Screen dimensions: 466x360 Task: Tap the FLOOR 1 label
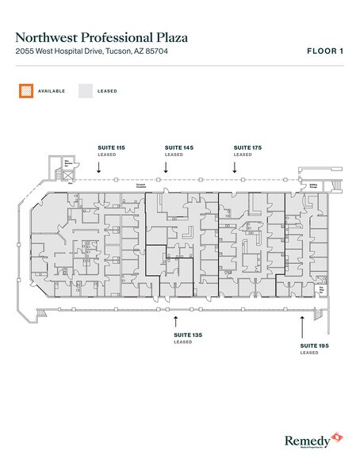(x=324, y=52)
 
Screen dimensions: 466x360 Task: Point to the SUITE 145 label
(x=178, y=148)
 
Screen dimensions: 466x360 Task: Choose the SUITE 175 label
(x=247, y=148)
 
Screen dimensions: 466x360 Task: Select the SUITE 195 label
(x=315, y=346)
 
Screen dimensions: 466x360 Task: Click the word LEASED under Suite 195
(x=308, y=353)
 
